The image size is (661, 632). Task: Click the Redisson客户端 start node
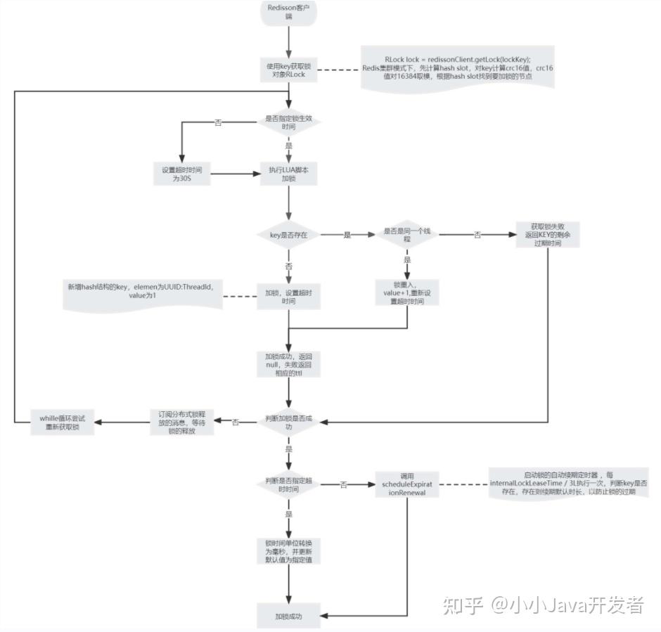point(288,14)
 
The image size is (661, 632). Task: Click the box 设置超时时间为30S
point(182,174)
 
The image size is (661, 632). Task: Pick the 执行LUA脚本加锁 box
point(288,174)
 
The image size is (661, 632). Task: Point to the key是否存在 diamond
point(288,235)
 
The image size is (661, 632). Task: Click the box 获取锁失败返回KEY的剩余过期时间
point(547,235)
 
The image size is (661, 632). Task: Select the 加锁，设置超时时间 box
point(288,295)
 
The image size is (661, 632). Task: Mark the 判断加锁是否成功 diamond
point(288,422)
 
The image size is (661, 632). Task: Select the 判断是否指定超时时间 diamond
point(288,484)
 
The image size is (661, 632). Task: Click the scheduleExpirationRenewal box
point(408,484)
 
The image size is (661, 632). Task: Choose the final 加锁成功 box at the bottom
point(288,617)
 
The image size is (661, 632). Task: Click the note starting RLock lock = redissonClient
point(457,67)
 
